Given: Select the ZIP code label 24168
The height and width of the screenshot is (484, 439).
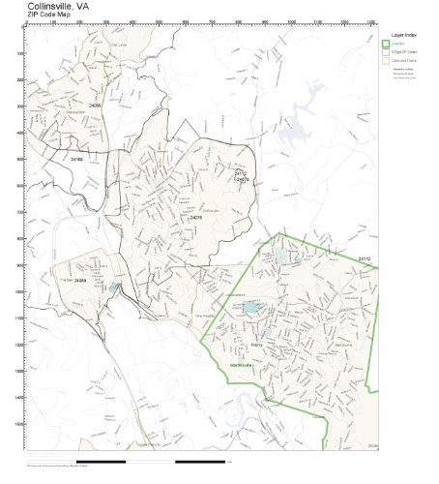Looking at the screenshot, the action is (77, 158).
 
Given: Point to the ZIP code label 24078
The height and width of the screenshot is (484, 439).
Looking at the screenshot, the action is (196, 217).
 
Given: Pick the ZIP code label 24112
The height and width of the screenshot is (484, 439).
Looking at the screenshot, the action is (363, 259).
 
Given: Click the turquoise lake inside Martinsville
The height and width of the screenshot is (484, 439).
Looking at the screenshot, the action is (250, 308).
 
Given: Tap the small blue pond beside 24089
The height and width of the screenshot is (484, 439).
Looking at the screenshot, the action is (115, 287).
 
